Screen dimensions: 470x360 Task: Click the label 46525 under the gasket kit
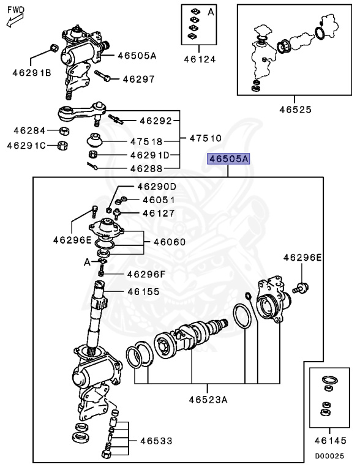tap(295, 110)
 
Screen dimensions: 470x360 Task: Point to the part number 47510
tap(205, 138)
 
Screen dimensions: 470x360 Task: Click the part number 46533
tap(156, 441)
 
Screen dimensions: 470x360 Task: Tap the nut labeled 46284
tap(64, 130)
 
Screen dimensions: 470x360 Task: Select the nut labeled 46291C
tap(61, 145)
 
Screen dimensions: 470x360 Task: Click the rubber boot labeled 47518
tap(95, 140)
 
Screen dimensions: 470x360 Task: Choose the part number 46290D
tap(156, 187)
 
